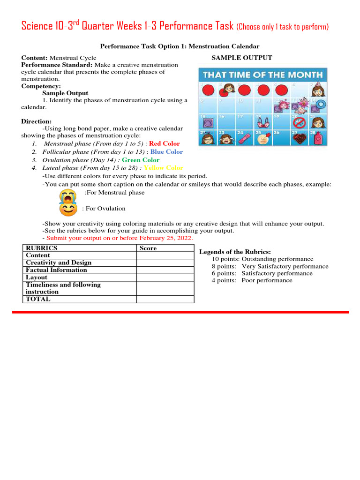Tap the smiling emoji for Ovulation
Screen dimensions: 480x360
tap(68, 209)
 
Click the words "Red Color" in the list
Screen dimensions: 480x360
tap(164, 144)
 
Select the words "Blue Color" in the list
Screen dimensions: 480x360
tap(166, 152)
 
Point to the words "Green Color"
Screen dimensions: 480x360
tap(141, 160)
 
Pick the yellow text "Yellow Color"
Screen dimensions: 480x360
tap(163, 168)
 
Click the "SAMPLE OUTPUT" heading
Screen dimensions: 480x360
tap(242, 58)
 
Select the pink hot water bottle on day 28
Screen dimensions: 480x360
tap(319, 139)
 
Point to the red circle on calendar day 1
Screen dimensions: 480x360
tap(209, 90)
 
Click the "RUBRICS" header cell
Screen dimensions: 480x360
tap(42, 248)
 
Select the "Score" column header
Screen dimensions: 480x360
tap(148, 248)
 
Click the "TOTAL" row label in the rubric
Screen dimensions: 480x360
tap(38, 299)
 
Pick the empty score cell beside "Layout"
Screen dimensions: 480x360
tap(165, 277)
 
